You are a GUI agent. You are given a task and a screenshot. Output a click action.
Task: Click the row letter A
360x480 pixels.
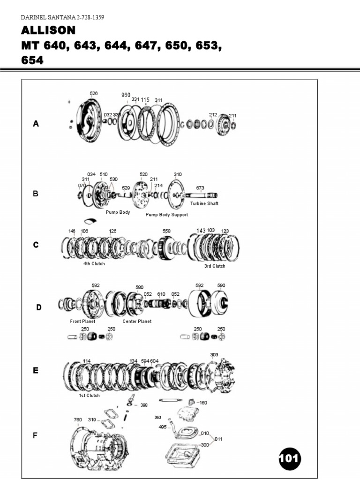click(x=36, y=124)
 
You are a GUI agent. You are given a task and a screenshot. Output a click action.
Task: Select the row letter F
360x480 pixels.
click(x=35, y=435)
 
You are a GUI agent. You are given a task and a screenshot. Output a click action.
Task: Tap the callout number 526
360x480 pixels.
click(x=94, y=93)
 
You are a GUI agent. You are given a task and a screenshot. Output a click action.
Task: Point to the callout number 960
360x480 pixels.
click(x=126, y=95)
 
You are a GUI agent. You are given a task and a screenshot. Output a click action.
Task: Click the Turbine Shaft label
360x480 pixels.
click(x=204, y=203)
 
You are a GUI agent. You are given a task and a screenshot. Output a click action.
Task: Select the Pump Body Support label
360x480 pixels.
click(x=166, y=215)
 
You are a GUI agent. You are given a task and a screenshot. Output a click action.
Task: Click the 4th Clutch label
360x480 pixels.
click(x=94, y=263)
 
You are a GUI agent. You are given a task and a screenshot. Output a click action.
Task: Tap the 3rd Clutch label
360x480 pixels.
click(x=214, y=266)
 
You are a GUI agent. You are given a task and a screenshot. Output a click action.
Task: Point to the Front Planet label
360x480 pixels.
click(x=82, y=322)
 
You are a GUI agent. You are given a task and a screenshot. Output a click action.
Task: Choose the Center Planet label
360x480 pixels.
click(x=137, y=322)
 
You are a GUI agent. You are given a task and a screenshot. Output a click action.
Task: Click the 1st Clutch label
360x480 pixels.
click(x=89, y=396)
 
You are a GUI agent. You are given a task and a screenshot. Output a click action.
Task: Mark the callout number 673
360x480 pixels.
click(x=200, y=188)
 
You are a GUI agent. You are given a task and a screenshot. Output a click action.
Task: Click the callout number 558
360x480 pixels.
click(x=166, y=231)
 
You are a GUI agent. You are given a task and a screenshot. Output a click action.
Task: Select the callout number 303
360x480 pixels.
click(x=214, y=355)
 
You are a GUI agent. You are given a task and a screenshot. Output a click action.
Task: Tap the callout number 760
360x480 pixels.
click(x=78, y=420)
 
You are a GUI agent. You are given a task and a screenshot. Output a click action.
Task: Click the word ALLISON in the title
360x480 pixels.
click(x=48, y=30)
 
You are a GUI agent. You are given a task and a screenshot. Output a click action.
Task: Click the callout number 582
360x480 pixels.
click(x=96, y=285)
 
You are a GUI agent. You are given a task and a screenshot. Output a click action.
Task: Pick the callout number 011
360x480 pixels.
click(x=219, y=439)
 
